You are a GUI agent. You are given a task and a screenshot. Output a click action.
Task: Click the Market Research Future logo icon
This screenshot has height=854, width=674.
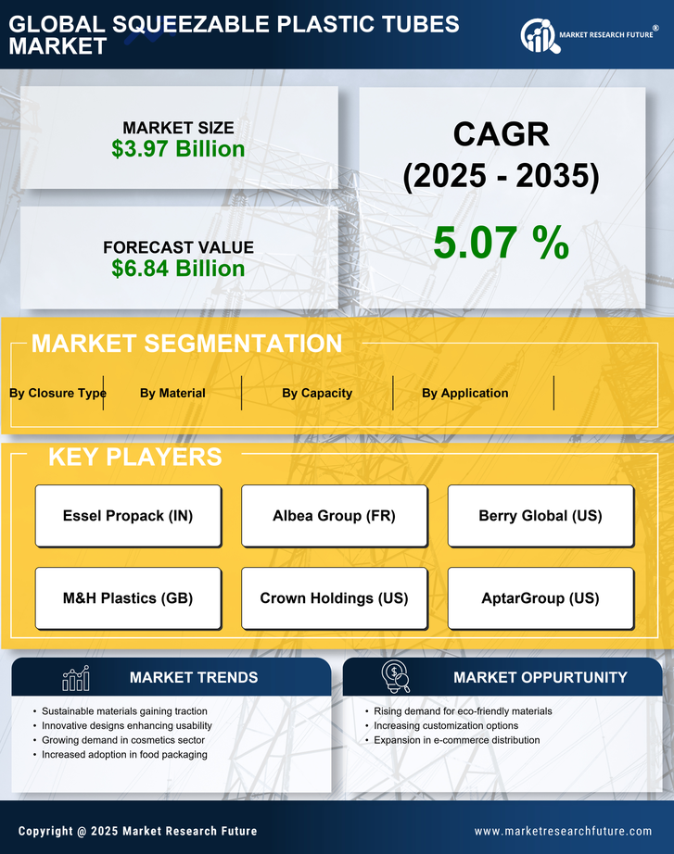(x=539, y=35)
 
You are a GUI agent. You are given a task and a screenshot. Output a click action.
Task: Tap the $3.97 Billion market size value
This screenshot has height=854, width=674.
(x=178, y=149)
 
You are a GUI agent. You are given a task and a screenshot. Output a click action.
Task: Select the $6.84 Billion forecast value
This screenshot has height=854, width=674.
(x=178, y=269)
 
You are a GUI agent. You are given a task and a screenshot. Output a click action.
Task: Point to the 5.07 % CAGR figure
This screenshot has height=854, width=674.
(x=501, y=243)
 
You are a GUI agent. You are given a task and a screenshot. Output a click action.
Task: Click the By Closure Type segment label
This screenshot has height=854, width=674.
(x=57, y=393)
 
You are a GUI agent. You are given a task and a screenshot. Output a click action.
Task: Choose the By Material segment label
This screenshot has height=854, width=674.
(x=172, y=393)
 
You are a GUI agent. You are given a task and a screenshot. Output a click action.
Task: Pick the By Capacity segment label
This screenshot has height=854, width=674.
(x=317, y=393)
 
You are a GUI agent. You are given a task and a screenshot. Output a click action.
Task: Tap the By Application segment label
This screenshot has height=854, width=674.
(x=464, y=393)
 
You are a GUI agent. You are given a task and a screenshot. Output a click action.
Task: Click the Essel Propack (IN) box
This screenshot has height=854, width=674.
(x=128, y=516)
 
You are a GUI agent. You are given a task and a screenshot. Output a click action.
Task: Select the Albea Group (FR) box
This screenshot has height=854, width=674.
(x=334, y=516)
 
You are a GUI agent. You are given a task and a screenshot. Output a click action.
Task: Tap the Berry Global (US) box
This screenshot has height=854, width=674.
(x=540, y=516)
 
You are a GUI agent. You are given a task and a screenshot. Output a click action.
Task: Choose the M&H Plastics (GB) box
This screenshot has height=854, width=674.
(x=128, y=598)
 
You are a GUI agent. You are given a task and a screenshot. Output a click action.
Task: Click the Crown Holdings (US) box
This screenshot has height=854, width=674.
(x=334, y=598)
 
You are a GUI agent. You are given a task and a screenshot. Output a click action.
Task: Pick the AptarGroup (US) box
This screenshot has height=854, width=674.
(x=540, y=598)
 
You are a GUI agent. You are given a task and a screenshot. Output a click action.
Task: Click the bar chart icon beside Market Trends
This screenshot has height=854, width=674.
(x=75, y=678)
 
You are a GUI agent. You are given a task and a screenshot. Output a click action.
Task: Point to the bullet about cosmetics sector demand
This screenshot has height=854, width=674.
(x=123, y=740)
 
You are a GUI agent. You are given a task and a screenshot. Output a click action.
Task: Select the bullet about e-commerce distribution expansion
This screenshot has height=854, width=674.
(x=456, y=740)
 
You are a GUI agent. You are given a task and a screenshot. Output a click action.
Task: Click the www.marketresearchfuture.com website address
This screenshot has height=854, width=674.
(x=563, y=831)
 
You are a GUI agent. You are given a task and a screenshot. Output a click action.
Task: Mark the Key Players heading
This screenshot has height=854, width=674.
(x=134, y=457)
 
